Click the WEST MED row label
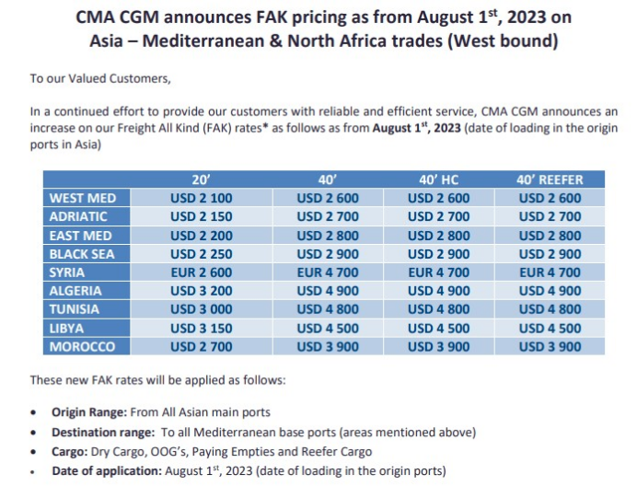(82, 198)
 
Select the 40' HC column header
(438, 179)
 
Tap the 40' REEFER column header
(550, 179)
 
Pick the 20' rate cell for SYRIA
(203, 272)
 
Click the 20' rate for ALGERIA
(203, 291)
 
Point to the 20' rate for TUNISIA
(203, 309)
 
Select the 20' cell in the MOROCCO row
(203, 346)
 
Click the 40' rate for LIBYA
(329, 328)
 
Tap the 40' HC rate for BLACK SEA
(438, 254)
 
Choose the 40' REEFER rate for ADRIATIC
(550, 216)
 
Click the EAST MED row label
(82, 236)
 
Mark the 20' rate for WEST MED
(203, 198)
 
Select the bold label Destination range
(103, 433)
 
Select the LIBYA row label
(82, 328)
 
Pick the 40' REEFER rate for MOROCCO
(550, 346)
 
